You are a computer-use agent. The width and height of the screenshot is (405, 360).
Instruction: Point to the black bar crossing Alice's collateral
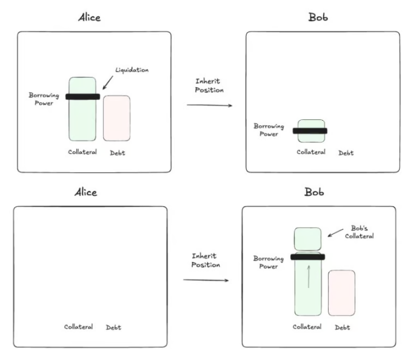(82, 97)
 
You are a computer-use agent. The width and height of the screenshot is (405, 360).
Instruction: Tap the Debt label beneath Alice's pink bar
(116, 152)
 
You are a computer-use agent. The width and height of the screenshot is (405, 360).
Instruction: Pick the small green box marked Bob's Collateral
(307, 239)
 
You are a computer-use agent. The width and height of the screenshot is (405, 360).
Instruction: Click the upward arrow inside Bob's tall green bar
(308, 276)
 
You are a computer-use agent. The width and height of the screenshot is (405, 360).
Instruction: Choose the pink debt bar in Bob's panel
(341, 293)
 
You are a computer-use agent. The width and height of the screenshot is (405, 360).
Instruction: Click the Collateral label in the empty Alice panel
(78, 327)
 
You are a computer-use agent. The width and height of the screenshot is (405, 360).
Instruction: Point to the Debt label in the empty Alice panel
(113, 327)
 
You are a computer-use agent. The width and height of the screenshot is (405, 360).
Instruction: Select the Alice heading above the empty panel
(85, 192)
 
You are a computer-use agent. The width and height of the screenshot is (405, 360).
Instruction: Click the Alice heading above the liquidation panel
(88, 18)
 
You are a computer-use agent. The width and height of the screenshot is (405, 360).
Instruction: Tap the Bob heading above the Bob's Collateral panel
(316, 192)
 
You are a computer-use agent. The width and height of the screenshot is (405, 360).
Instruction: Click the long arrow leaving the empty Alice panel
(207, 281)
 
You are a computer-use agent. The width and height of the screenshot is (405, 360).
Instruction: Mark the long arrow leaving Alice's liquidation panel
(210, 105)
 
